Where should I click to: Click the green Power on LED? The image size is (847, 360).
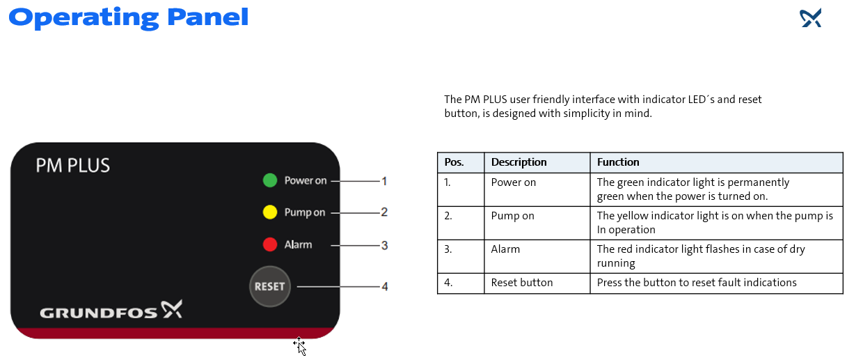pyautogui.click(x=270, y=181)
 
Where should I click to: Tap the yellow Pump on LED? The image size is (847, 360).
pyautogui.click(x=270, y=212)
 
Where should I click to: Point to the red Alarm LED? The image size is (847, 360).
pyautogui.click(x=270, y=244)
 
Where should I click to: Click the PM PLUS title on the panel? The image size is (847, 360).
pyautogui.click(x=73, y=166)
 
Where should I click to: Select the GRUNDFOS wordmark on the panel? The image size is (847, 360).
pyautogui.click(x=99, y=313)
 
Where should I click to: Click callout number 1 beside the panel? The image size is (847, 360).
pyautogui.click(x=384, y=181)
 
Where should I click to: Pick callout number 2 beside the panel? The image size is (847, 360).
pyautogui.click(x=384, y=212)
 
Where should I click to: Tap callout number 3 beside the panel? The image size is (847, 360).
pyautogui.click(x=384, y=245)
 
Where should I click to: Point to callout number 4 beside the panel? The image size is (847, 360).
pyautogui.click(x=384, y=286)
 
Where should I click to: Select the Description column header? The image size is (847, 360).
pyautogui.click(x=519, y=162)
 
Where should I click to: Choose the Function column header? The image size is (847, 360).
pyautogui.click(x=618, y=162)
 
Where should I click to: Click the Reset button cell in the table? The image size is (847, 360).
pyautogui.click(x=522, y=283)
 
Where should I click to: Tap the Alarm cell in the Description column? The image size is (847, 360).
pyautogui.click(x=505, y=249)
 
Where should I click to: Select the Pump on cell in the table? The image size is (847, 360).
pyautogui.click(x=513, y=216)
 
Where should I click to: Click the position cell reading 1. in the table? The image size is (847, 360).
pyautogui.click(x=448, y=182)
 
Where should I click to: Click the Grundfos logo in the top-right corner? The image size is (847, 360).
pyautogui.click(x=811, y=18)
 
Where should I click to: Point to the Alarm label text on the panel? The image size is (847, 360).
pyautogui.click(x=298, y=245)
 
